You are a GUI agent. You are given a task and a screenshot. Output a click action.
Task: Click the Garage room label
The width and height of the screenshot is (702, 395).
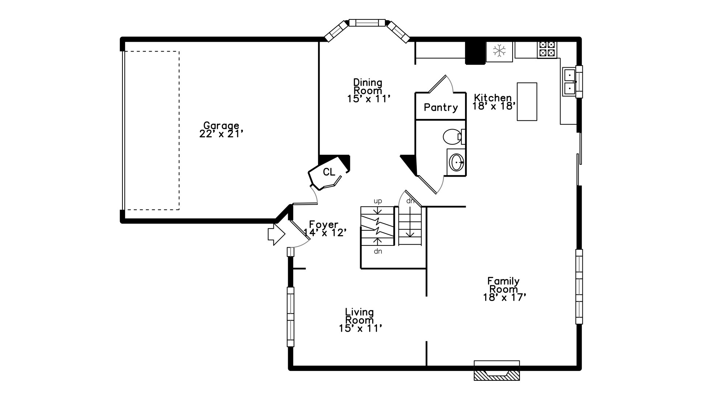pyautogui.click(x=221, y=126)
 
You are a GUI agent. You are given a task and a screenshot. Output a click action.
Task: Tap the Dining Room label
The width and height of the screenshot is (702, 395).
pyautogui.click(x=368, y=86)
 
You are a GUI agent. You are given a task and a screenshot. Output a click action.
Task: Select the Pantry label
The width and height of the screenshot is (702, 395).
pyautogui.click(x=441, y=108)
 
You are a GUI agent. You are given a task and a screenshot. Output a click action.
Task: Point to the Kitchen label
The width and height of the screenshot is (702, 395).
pyautogui.click(x=493, y=98)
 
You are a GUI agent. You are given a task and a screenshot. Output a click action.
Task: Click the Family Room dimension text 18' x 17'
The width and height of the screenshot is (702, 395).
pyautogui.click(x=505, y=297)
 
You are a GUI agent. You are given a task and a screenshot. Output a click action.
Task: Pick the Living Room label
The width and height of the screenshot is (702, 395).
pyautogui.click(x=360, y=316)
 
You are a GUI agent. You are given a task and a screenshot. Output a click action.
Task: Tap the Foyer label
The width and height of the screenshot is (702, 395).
pyautogui.click(x=324, y=224)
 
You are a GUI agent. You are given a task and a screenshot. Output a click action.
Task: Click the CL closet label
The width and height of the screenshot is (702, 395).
pyautogui.click(x=329, y=172)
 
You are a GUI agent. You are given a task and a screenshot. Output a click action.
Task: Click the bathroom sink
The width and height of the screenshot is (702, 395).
pyautogui.click(x=456, y=162)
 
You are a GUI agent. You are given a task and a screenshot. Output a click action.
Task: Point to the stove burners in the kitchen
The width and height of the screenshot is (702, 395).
pyautogui.click(x=547, y=49)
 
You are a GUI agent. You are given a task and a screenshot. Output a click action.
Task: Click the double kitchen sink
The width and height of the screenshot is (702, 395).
pyautogui.click(x=569, y=82)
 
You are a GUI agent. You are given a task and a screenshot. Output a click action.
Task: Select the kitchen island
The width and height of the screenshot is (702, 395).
pyautogui.click(x=527, y=102)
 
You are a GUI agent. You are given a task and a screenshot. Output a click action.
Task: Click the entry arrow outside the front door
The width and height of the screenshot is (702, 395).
pyautogui.click(x=276, y=234)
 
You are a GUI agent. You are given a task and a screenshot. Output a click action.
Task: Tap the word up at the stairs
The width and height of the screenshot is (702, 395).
pyautogui.click(x=378, y=201)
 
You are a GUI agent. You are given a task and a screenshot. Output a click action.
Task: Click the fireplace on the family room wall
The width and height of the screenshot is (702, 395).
pyautogui.click(x=497, y=370)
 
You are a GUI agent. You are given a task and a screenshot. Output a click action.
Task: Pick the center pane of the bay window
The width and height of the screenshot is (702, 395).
pyautogui.click(x=367, y=23)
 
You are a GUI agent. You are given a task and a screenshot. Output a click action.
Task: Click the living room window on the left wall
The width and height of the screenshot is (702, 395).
pyautogui.click(x=290, y=317)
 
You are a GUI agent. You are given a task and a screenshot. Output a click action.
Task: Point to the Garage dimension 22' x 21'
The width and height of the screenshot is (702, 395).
pyautogui.click(x=221, y=134)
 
